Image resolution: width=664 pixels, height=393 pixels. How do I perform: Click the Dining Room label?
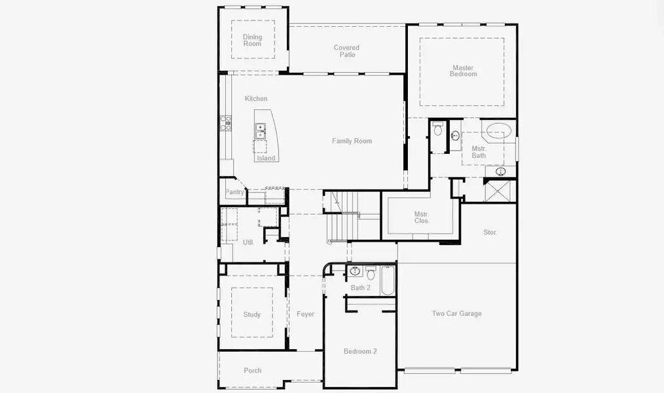(252, 41)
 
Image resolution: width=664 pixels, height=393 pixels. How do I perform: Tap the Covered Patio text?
(346, 51)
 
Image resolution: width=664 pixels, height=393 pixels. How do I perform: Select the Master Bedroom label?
(463, 71)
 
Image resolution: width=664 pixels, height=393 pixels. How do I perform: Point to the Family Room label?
(352, 141)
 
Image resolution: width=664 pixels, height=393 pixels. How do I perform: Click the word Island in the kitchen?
(266, 159)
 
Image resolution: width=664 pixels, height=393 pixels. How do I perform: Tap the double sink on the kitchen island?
(261, 132)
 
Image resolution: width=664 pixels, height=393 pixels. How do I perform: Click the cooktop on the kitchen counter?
(226, 122)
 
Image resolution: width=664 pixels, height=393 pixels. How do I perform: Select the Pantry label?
(234, 193)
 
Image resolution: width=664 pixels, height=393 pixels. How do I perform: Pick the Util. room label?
(248, 242)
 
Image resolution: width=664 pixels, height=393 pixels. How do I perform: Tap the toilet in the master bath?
(438, 129)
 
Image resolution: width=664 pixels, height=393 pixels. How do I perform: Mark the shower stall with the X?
(500, 191)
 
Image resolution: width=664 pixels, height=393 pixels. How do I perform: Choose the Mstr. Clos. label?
(422, 217)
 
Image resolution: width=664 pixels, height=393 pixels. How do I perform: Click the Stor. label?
(490, 233)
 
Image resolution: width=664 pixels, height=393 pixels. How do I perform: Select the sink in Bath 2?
(355, 271)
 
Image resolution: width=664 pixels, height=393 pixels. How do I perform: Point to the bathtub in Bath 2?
(387, 280)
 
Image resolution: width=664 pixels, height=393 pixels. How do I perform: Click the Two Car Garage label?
(456, 314)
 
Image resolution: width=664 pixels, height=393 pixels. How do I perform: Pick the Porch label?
(252, 371)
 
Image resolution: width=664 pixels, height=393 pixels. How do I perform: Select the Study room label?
(252, 314)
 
